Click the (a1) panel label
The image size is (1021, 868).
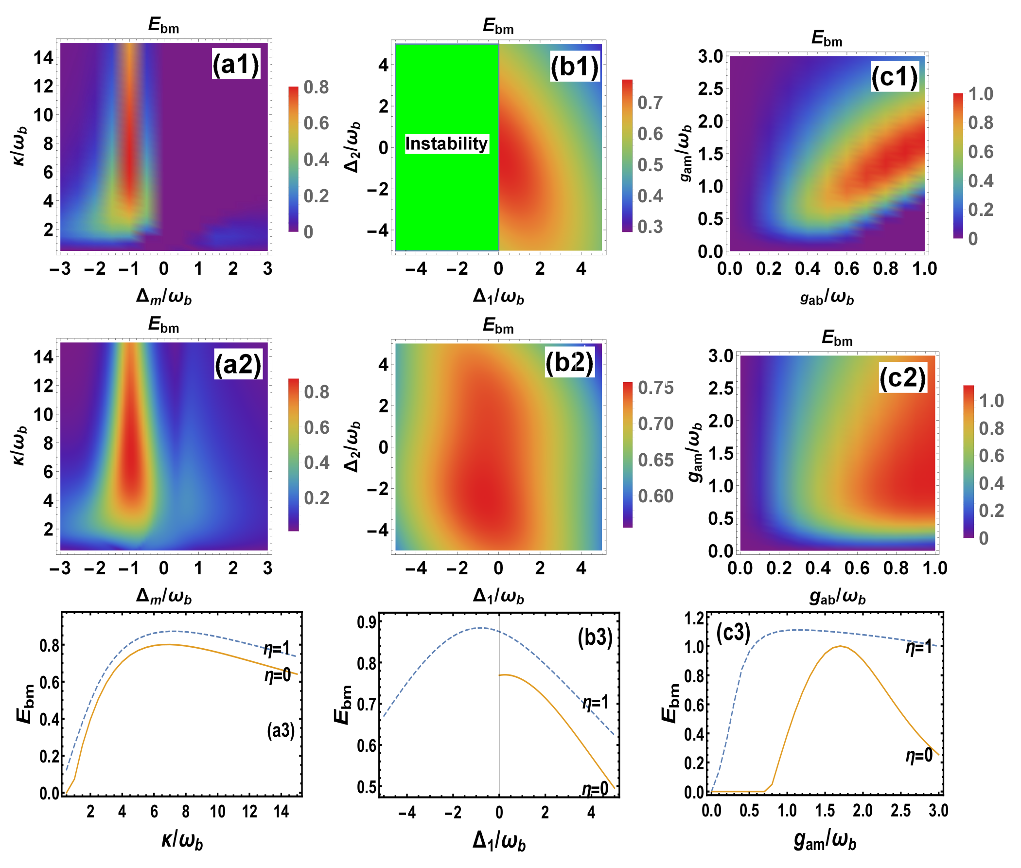pos(235,64)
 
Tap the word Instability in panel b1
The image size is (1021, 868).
pos(446,143)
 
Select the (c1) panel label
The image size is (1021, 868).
pos(894,77)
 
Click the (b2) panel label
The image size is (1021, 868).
pos(569,362)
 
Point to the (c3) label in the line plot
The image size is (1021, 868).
pos(733,633)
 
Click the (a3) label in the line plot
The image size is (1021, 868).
pos(281,730)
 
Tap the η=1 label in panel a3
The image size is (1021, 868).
pos(277,649)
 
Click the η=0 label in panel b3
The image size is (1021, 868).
pos(595,789)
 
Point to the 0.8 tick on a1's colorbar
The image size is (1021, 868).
pos(316,87)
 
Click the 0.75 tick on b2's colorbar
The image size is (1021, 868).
pos(655,388)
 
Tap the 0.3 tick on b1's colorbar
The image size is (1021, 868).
pos(650,227)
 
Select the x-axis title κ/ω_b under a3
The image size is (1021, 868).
pos(182,840)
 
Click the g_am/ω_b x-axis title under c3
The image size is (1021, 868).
pos(825,840)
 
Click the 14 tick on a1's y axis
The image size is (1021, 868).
pos(43,57)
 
